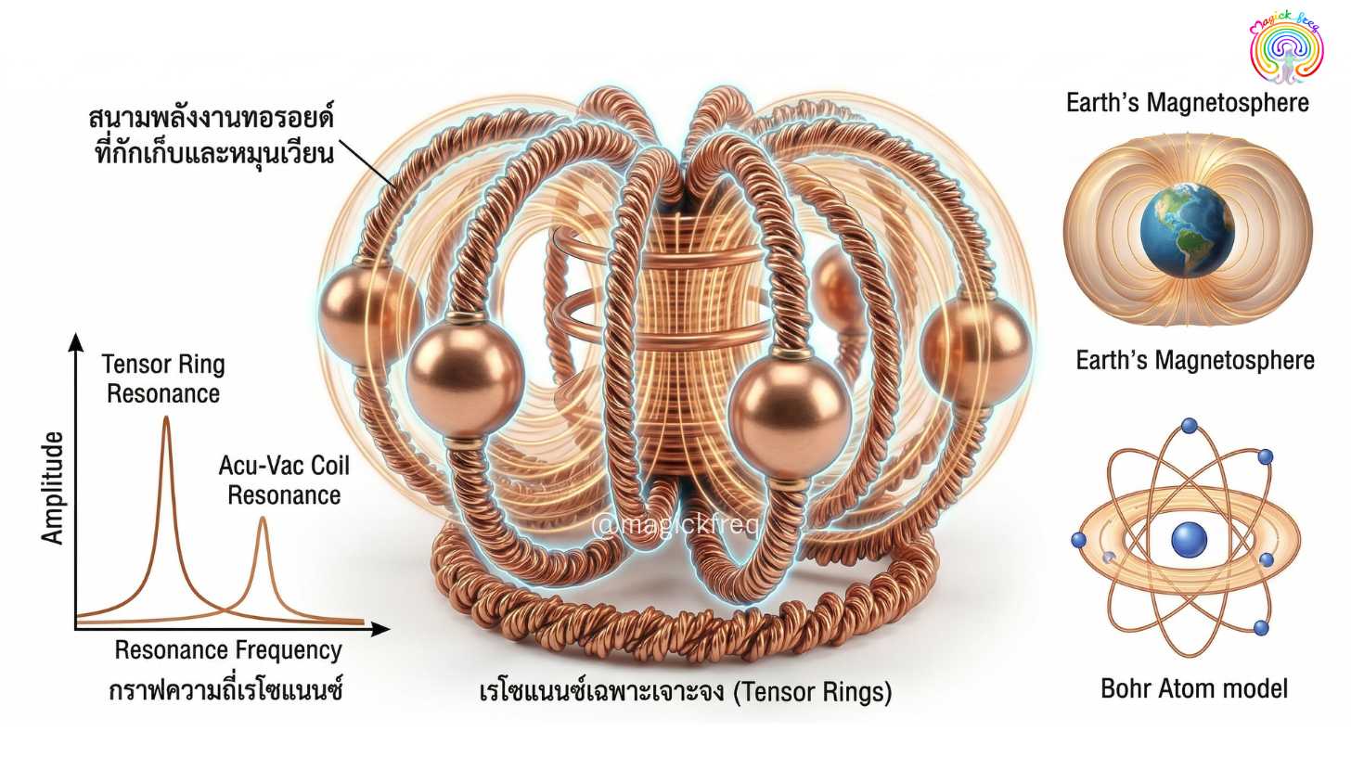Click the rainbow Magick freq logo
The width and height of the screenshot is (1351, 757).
tap(1286, 48)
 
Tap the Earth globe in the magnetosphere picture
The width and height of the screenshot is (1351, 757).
tap(1187, 231)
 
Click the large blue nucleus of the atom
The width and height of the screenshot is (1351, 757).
tap(1189, 539)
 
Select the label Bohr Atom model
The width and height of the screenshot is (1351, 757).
tap(1194, 688)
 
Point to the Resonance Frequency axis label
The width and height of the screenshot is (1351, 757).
tap(228, 650)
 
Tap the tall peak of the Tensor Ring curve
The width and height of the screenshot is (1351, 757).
tap(166, 418)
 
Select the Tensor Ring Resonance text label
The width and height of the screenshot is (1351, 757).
tap(163, 378)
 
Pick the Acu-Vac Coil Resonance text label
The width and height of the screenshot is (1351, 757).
tap(284, 481)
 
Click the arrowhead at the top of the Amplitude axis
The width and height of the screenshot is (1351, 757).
tap(76, 342)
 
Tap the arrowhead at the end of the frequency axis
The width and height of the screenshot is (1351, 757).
tap(380, 629)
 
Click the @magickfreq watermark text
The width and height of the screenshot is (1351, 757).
tap(675, 524)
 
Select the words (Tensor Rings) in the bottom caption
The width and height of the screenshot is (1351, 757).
tap(813, 692)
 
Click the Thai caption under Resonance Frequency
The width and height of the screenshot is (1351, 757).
tap(226, 689)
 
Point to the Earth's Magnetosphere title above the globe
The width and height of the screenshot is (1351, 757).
tap(1188, 103)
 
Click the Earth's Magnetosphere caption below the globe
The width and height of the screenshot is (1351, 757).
tap(1195, 360)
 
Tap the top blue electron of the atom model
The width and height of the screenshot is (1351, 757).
tap(1190, 426)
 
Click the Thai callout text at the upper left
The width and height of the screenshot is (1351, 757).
tap(212, 136)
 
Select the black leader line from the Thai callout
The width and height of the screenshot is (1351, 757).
tap(367, 163)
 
